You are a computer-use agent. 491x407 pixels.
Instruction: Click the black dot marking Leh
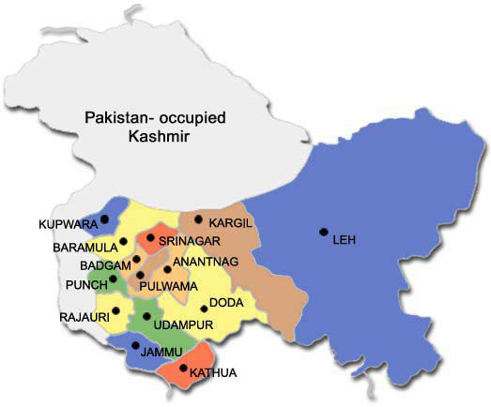(x=323, y=232)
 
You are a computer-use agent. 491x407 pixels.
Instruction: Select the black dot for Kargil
(x=198, y=219)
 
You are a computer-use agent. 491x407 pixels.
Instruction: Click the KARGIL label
(x=230, y=225)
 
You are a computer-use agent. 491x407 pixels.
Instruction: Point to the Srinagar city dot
(x=150, y=238)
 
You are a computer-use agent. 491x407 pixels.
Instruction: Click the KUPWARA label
(x=67, y=225)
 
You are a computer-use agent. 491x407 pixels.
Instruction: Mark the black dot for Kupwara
(x=104, y=219)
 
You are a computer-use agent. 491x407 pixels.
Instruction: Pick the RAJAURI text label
(x=82, y=317)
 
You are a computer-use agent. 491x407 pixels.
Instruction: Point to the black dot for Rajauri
(x=116, y=310)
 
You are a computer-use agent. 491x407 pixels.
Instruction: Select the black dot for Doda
(x=204, y=308)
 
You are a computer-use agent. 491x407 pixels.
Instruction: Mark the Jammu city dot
(x=137, y=345)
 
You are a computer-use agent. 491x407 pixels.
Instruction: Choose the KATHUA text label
(x=212, y=374)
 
